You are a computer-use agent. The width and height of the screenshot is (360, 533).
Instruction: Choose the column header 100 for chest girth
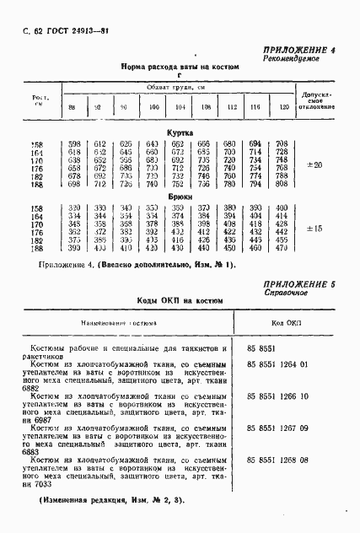click(x=152, y=108)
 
